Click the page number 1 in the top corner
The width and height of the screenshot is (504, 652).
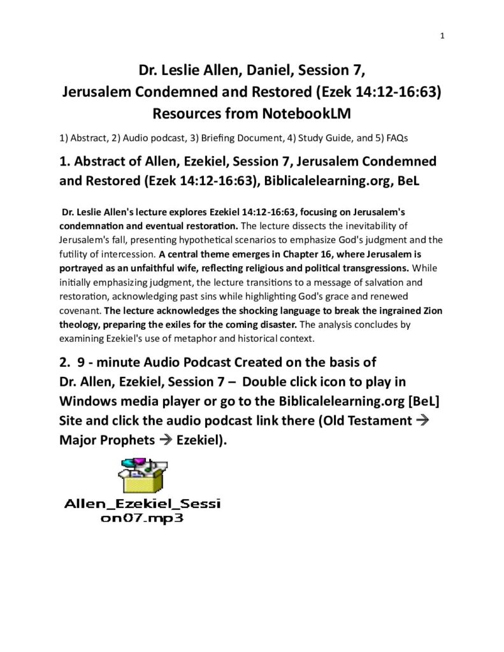click(x=442, y=36)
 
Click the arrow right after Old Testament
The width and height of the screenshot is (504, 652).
click(x=431, y=421)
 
